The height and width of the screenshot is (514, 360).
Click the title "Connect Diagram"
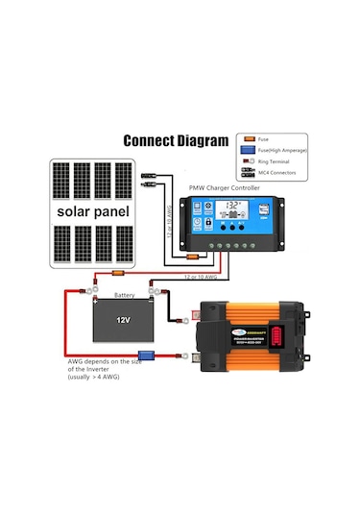tap(177, 140)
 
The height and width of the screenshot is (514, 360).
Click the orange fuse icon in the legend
tap(248, 138)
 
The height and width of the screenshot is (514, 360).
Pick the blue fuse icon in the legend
tap(248, 150)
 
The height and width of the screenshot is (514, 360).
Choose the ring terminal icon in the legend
tap(248, 161)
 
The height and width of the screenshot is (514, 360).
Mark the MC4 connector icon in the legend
tap(248, 173)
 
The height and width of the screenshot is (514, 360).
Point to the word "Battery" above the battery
tap(124, 295)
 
